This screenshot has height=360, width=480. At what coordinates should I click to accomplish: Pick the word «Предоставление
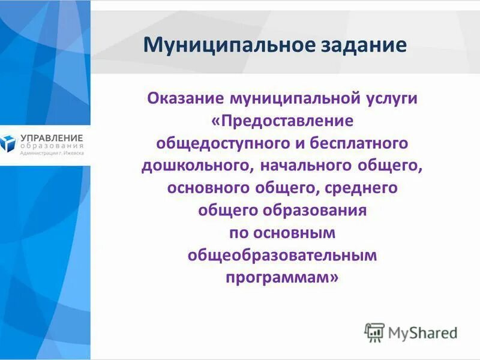[282, 121]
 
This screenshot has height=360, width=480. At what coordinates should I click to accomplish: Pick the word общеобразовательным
[282, 256]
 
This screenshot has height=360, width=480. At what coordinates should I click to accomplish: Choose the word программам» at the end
[282, 278]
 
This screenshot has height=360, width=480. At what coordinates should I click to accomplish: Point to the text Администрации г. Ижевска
[52, 154]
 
